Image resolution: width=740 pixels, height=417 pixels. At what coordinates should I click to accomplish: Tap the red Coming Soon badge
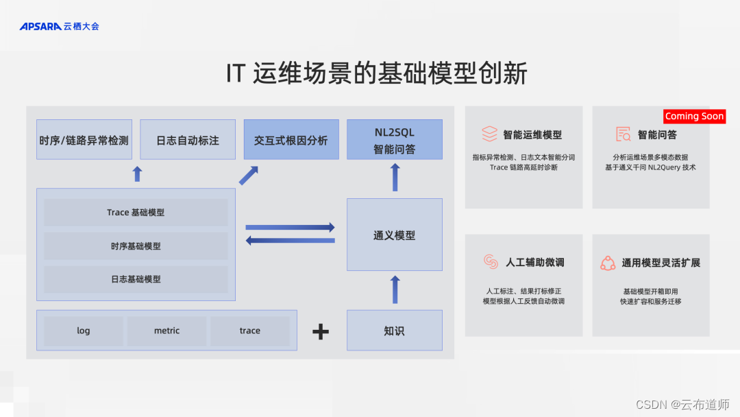694,117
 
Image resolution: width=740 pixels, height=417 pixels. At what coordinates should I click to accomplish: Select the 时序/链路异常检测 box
84,140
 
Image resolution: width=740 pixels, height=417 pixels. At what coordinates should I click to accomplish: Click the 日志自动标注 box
188,140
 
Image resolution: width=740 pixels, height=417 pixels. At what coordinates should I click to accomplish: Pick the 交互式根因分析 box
291,140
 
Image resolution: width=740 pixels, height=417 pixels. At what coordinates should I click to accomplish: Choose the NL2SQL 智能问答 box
395,140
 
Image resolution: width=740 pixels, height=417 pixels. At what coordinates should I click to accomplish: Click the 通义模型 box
395,235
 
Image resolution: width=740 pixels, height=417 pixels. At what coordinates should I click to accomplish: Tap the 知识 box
395,331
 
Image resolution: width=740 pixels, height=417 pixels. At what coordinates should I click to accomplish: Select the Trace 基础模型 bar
136,213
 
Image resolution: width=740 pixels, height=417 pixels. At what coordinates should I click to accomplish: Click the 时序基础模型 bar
136,246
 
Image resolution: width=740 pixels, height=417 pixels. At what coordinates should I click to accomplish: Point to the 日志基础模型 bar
136,279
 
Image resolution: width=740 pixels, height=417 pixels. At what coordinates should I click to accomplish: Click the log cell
84,331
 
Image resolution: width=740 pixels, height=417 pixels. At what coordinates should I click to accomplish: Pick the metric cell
166,331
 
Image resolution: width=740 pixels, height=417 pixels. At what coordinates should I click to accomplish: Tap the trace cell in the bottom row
250,331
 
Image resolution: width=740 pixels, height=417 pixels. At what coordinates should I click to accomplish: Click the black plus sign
321,332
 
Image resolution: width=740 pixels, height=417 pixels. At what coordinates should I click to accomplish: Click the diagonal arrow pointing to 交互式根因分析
248,175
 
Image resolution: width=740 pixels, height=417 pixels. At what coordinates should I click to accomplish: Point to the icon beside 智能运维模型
489,134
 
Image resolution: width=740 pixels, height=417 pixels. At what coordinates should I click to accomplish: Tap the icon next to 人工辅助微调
491,262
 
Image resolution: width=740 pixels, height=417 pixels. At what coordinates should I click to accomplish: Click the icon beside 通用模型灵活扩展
608,263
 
